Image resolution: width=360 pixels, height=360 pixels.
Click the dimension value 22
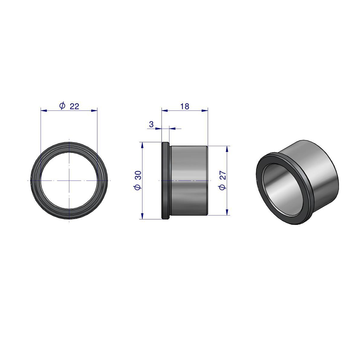pos(74,106)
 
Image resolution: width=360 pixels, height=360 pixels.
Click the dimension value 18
pos(184,106)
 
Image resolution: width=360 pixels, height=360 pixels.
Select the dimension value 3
pos(151,124)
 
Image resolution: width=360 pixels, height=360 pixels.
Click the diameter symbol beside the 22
pos(62,106)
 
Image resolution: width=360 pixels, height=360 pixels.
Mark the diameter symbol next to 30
pos(138,187)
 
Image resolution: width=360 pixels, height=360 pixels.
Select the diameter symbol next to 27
pos(223,187)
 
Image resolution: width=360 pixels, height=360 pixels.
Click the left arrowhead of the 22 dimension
pos(44,111)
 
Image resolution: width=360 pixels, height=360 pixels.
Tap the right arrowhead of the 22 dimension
pos(94,111)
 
